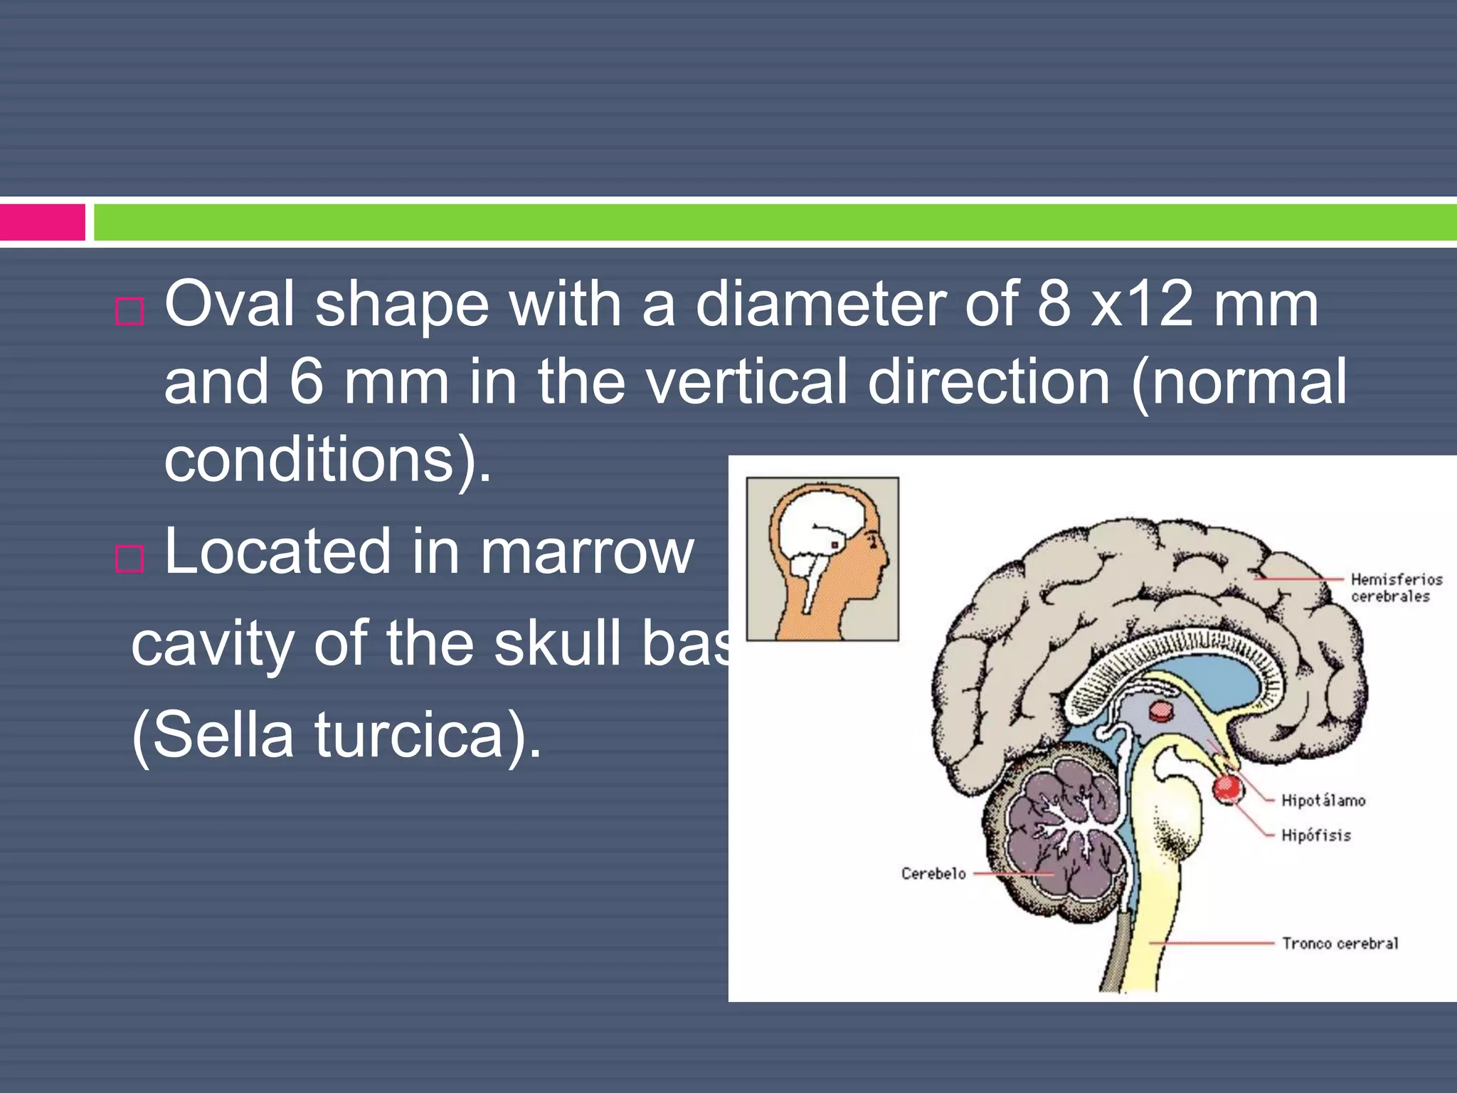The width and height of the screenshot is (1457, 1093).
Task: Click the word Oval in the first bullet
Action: [x=229, y=305]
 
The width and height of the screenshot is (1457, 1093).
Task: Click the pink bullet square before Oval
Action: [x=129, y=312]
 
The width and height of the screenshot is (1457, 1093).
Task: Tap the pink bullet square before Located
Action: [x=129, y=559]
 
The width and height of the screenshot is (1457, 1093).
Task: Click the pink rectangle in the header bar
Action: [x=43, y=222]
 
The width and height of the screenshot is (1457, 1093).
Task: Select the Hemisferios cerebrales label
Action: [x=1396, y=588]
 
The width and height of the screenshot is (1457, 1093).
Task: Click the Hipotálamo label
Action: [x=1323, y=801]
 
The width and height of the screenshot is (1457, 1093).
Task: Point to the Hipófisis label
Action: [x=1315, y=835]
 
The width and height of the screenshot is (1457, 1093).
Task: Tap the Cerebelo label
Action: [x=933, y=874]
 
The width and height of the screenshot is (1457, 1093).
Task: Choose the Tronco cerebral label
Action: [x=1340, y=944]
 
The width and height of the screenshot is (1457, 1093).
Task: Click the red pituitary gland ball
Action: [x=1227, y=788]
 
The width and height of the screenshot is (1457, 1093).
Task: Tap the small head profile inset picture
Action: [x=822, y=559]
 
